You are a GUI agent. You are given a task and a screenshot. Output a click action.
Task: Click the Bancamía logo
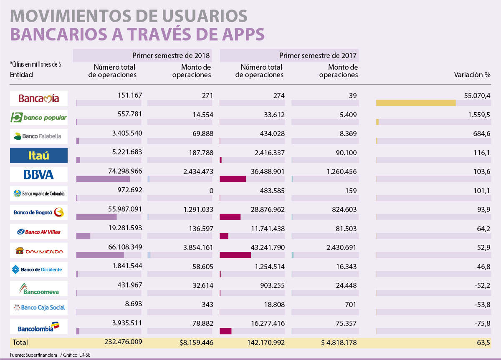[38, 98]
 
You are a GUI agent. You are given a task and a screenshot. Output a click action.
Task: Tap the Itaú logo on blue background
[38, 156]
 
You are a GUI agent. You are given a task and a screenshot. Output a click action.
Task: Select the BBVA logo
[38, 174]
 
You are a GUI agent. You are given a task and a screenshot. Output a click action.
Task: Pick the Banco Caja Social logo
[38, 307]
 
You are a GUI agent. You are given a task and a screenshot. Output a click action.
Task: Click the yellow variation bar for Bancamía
[415, 103]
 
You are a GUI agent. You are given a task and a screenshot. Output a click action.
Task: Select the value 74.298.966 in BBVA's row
[119, 171]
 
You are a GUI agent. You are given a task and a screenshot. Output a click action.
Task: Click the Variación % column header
[472, 75]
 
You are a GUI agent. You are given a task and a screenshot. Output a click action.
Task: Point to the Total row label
[20, 342]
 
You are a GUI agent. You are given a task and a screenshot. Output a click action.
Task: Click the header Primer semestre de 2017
[318, 55]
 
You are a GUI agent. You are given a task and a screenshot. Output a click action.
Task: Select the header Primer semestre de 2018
[171, 55]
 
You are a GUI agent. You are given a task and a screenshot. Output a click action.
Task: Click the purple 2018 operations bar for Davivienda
[100, 255]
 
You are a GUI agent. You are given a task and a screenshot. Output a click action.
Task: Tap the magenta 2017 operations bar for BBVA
[233, 179]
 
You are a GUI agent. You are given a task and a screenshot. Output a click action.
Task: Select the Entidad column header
[22, 75]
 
